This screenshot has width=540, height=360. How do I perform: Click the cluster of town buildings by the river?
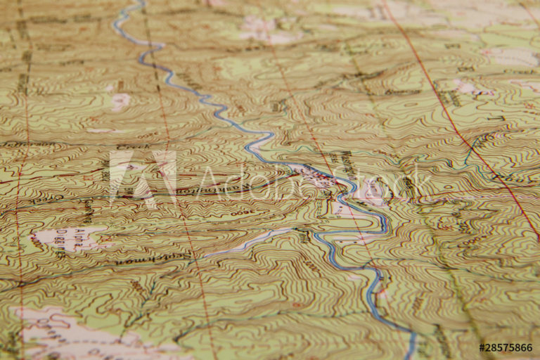pyautogui.click(x=316, y=176)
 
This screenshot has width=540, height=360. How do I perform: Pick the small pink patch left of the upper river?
pyautogui.click(x=120, y=101)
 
